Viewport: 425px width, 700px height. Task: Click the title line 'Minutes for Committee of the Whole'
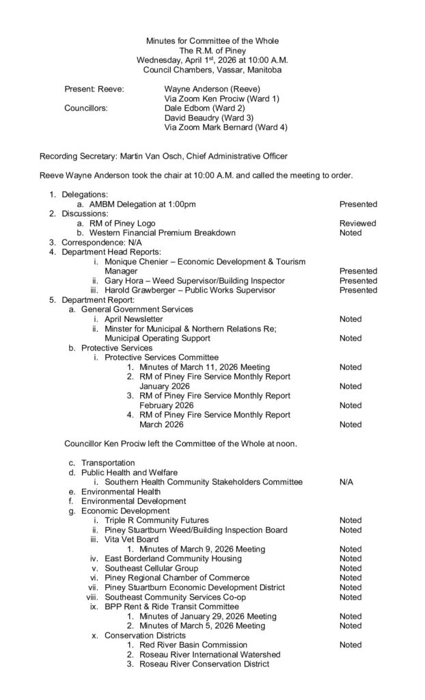coord(212,42)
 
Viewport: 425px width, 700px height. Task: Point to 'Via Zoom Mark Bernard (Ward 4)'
coord(226,127)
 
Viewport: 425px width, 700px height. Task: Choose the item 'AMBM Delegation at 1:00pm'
coord(142,204)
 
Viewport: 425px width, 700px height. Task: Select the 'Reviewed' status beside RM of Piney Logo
coord(358,223)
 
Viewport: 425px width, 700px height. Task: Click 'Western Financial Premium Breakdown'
coord(163,232)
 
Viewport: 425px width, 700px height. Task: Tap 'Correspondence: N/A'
coord(102,242)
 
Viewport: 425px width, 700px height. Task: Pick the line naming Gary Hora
coord(195,280)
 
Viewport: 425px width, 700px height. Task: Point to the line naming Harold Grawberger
coord(190,290)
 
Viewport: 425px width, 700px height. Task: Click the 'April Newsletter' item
coord(134,319)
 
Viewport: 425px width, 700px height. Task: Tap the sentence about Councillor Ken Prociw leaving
coord(180,443)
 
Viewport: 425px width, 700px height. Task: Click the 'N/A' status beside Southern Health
coord(346,482)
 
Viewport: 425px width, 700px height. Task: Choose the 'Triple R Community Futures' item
coord(156,520)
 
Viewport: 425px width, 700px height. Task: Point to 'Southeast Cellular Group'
coord(151,568)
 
